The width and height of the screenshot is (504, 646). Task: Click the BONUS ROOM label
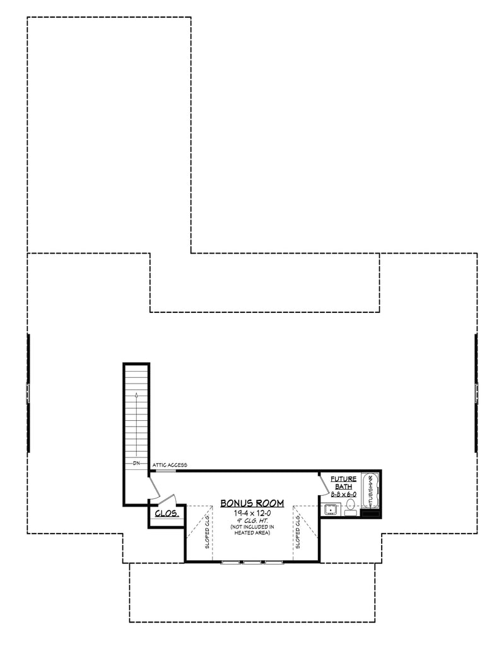click(252, 503)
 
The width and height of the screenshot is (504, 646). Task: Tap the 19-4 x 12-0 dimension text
click(252, 514)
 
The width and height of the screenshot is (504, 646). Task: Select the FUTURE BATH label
click(345, 483)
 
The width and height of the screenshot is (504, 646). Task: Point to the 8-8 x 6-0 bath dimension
click(344, 495)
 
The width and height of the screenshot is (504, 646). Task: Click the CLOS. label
click(167, 515)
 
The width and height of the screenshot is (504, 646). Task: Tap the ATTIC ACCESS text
click(168, 465)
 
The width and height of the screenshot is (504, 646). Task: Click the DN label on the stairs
click(136, 464)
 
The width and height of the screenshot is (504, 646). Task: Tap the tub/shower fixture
click(370, 490)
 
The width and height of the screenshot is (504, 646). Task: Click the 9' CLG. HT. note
click(252, 521)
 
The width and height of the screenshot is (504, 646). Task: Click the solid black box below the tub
click(370, 514)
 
